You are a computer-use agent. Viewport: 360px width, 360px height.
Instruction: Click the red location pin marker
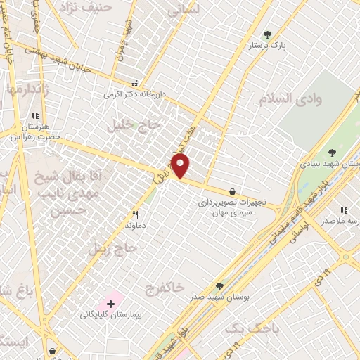pyautogui.click(x=181, y=167)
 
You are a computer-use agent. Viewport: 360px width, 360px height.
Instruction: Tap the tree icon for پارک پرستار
pyautogui.click(x=266, y=34)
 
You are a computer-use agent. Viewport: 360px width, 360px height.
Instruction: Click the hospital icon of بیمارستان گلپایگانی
pyautogui.click(x=110, y=303)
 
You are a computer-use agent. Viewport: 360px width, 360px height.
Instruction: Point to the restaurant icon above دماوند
pyautogui.click(x=135, y=214)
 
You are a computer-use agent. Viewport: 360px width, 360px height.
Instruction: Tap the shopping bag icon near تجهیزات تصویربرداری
pyautogui.click(x=232, y=191)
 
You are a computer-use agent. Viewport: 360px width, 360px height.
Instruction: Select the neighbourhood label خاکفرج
pyautogui.click(x=164, y=288)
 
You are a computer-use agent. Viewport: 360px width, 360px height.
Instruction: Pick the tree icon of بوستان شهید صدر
pyautogui.click(x=220, y=286)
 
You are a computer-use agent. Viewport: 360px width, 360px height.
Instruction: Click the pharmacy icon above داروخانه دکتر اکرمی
pyautogui.click(x=134, y=83)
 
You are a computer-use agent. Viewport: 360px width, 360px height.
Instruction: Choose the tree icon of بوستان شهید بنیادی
pyautogui.click(x=332, y=152)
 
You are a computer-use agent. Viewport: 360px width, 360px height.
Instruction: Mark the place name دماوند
pyautogui.click(x=135, y=226)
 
